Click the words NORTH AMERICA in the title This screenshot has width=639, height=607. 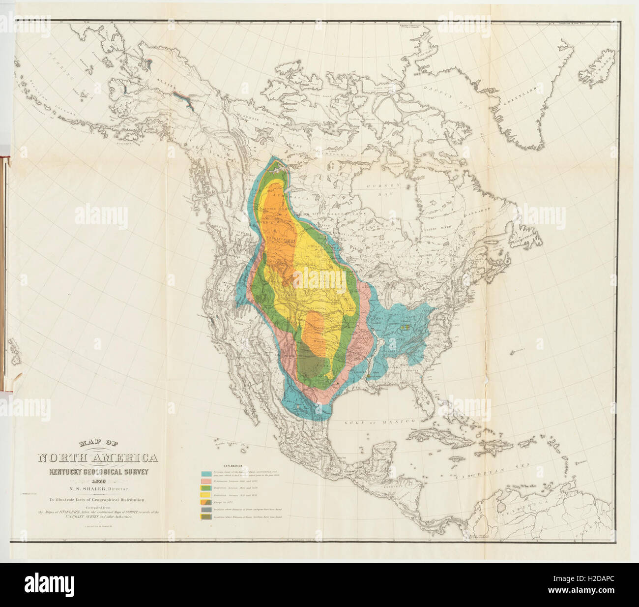point(98,458)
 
